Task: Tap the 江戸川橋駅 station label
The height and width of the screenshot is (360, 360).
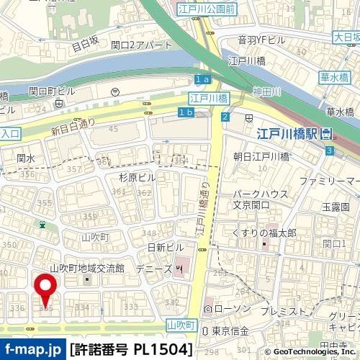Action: pos(288,134)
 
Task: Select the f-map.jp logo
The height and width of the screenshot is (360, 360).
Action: pos(32,349)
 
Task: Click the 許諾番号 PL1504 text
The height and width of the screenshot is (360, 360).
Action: pos(131,349)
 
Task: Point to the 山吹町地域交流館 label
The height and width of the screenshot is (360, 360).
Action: pos(87,268)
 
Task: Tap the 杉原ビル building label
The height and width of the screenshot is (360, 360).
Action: pos(137,176)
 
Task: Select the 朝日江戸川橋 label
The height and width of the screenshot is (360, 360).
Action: pos(261,156)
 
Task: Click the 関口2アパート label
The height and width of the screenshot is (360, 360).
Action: pos(143,45)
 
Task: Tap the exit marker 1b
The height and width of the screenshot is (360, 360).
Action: pos(185,113)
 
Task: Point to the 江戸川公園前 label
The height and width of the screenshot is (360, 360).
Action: pos(207,9)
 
